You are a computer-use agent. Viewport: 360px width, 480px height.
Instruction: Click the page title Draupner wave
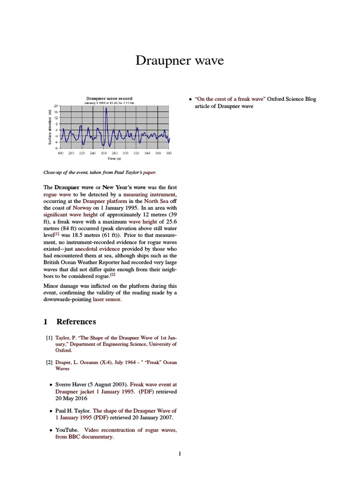click(180, 60)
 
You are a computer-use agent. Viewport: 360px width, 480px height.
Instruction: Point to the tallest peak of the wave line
click(106, 108)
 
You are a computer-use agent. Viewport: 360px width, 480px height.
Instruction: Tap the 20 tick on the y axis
click(56, 106)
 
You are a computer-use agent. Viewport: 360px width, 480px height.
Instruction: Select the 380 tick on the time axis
click(169, 153)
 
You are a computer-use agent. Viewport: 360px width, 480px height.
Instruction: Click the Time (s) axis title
click(114, 158)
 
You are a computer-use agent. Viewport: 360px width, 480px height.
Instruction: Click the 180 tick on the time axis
click(60, 153)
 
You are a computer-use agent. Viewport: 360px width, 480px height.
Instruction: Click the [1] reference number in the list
click(49, 337)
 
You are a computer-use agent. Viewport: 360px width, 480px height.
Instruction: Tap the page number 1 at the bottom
click(180, 453)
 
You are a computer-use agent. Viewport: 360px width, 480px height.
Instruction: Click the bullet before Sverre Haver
click(51, 385)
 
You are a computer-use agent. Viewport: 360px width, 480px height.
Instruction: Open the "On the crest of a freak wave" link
click(230, 99)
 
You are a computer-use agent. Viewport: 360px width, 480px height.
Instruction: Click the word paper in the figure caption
click(142, 172)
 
